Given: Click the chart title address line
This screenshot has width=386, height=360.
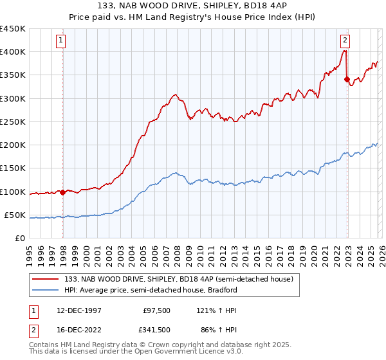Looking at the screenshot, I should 193,6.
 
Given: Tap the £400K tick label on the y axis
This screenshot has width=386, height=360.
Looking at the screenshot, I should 13,52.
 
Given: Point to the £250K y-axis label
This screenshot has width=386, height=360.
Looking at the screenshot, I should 13,122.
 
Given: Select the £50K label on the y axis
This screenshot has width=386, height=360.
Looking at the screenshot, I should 15,215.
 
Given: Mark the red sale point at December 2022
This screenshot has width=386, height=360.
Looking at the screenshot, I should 347,80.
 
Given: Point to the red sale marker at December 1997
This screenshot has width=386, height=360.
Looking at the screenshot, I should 63,192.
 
